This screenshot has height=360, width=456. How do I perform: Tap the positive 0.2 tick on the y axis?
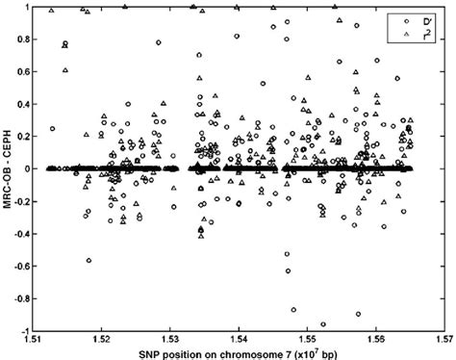[22, 137]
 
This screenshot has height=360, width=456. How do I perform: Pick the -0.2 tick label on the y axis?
[20, 201]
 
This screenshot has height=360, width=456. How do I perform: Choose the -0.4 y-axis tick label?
[20, 234]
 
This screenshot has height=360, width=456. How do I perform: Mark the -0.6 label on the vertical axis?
[20, 267]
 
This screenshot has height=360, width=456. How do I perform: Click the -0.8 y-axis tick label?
[20, 298]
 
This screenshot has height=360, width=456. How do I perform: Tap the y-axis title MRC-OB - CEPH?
[8, 169]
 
